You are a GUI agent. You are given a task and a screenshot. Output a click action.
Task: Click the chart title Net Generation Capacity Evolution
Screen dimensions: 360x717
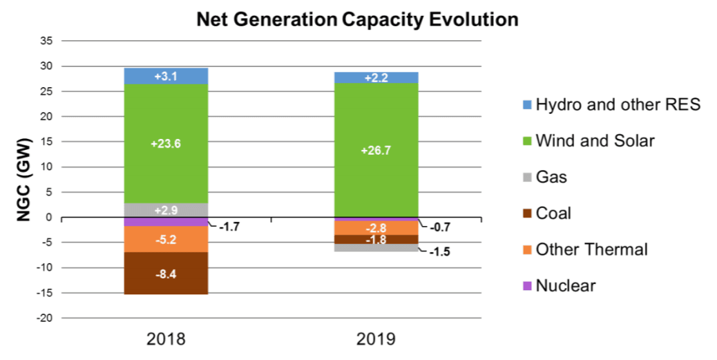(x=357, y=19)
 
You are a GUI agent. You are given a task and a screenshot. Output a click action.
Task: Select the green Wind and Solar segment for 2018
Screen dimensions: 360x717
(x=166, y=144)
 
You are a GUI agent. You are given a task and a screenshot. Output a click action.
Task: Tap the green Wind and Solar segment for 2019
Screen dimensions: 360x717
(x=376, y=150)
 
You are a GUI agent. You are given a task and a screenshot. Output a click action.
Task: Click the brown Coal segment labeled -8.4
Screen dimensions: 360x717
(x=166, y=274)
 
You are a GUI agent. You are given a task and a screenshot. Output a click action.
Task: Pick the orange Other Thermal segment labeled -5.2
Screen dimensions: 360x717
(x=166, y=240)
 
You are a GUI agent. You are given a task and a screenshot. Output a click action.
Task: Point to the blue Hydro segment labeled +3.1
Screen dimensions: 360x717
(x=166, y=76)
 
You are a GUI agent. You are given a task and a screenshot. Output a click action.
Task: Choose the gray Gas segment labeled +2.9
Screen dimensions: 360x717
(x=166, y=210)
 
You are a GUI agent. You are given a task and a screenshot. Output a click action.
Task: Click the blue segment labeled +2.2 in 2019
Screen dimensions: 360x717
(x=376, y=77)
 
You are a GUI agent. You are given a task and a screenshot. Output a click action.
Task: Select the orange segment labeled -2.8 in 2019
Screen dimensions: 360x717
(x=376, y=228)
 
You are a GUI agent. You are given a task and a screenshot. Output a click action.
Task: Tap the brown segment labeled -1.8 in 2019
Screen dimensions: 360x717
(x=376, y=240)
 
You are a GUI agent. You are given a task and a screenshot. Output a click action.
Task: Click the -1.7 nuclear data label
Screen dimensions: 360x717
(x=232, y=226)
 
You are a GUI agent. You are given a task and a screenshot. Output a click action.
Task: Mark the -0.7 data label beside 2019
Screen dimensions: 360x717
(x=441, y=227)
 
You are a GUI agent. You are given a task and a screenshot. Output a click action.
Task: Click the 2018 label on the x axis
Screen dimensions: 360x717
(x=166, y=339)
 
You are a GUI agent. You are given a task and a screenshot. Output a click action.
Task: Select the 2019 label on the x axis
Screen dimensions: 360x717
(x=376, y=339)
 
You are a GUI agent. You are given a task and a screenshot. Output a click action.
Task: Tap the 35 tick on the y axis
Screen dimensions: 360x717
(x=46, y=41)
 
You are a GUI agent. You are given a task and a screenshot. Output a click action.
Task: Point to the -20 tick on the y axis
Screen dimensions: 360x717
(x=45, y=319)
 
